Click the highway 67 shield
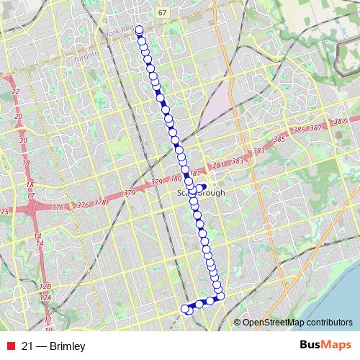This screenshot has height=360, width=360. (x=163, y=13)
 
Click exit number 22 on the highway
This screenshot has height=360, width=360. (x=16, y=92)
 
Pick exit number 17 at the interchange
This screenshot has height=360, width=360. (x=31, y=185)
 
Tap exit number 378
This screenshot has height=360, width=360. (x=100, y=202)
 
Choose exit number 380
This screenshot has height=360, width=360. (x=176, y=179)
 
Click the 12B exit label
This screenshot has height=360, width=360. (x=45, y=285)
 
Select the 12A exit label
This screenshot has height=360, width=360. (x=45, y=297)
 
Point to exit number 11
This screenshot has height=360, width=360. (x=48, y=318)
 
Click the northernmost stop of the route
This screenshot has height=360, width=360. (x=139, y=30)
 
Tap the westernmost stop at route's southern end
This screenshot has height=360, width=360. (x=185, y=309)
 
